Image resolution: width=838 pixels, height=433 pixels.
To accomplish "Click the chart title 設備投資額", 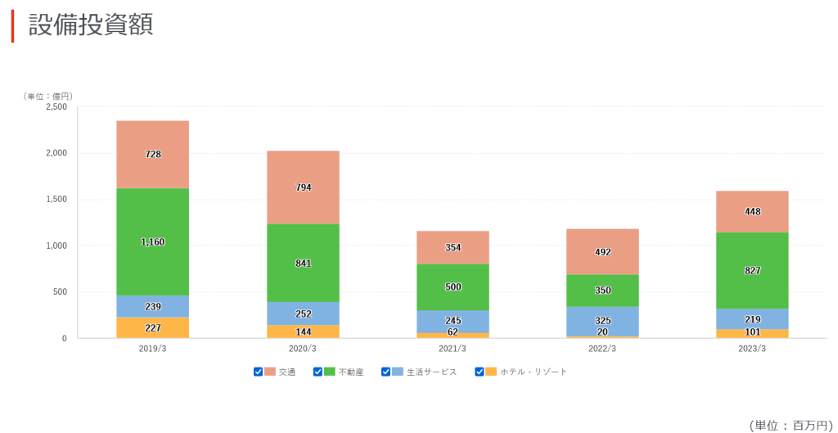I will [x=91, y=25].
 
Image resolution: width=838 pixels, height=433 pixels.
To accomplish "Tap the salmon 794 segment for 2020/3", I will [x=303, y=187].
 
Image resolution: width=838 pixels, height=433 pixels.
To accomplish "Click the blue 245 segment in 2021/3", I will [x=453, y=321].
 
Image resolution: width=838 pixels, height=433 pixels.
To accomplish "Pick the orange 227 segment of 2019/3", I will [x=152, y=327].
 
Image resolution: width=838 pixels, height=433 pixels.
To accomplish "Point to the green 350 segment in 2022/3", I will [x=602, y=291].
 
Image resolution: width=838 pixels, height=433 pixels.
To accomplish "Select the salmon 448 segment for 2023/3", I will [x=752, y=212].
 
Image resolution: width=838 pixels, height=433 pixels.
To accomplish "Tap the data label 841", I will [x=303, y=264].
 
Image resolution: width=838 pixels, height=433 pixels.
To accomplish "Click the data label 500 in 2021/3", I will [x=453, y=287].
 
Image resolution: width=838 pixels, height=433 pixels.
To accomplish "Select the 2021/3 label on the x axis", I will [x=453, y=348].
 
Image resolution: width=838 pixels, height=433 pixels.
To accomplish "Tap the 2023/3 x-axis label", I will [x=752, y=348].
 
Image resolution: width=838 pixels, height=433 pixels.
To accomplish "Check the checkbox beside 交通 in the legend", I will [x=259, y=372].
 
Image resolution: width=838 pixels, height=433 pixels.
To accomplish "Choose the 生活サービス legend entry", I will [x=432, y=372].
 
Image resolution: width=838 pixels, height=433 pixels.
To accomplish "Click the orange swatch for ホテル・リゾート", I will [x=491, y=372].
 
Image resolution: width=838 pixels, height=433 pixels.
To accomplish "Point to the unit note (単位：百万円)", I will [x=790, y=425].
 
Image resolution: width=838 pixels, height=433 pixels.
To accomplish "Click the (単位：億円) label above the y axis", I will [x=48, y=96].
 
